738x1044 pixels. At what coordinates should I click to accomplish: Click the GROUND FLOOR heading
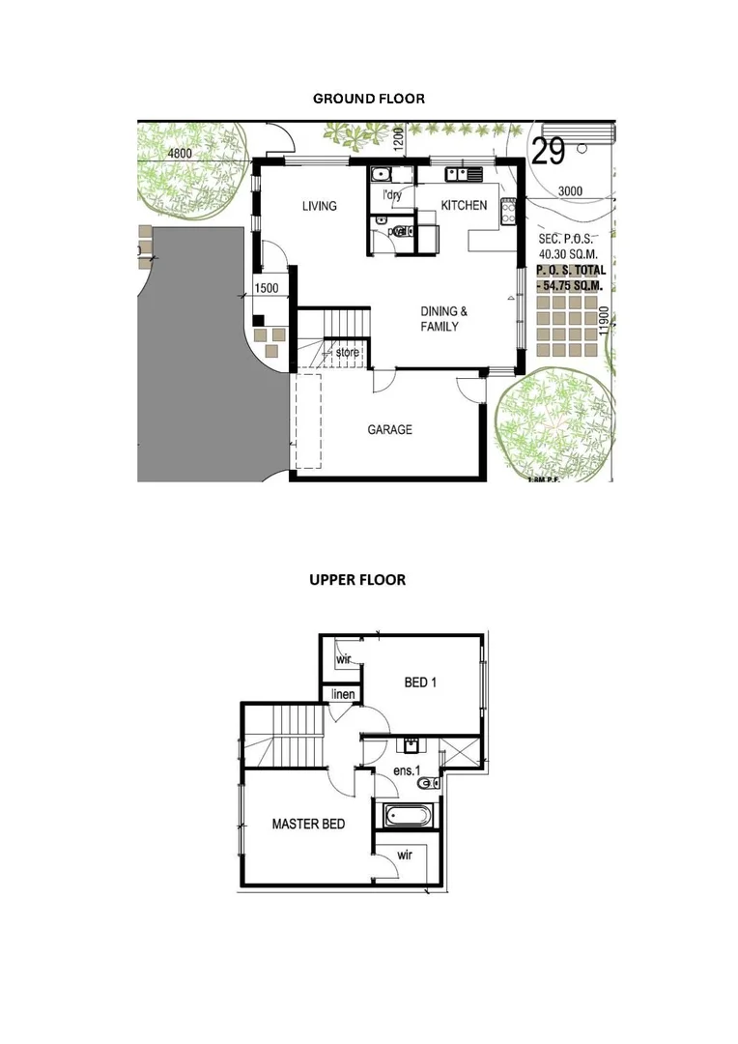(369, 99)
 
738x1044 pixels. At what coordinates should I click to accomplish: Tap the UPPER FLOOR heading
(357, 580)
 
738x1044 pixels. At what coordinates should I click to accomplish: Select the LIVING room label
(319, 206)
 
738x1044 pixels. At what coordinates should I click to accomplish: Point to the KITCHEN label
(464, 206)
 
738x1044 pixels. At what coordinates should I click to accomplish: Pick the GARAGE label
(389, 429)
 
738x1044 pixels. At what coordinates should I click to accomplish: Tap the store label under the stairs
(348, 353)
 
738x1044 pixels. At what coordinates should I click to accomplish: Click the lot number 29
(548, 152)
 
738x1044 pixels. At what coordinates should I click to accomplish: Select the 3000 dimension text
(570, 191)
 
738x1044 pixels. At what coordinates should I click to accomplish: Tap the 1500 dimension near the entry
(267, 288)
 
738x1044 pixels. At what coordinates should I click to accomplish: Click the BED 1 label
(420, 682)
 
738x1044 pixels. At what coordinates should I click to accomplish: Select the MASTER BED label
(308, 825)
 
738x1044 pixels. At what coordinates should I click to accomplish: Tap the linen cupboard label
(342, 695)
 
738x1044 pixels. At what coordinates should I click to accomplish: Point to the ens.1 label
(407, 770)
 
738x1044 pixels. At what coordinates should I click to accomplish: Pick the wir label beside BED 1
(343, 659)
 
